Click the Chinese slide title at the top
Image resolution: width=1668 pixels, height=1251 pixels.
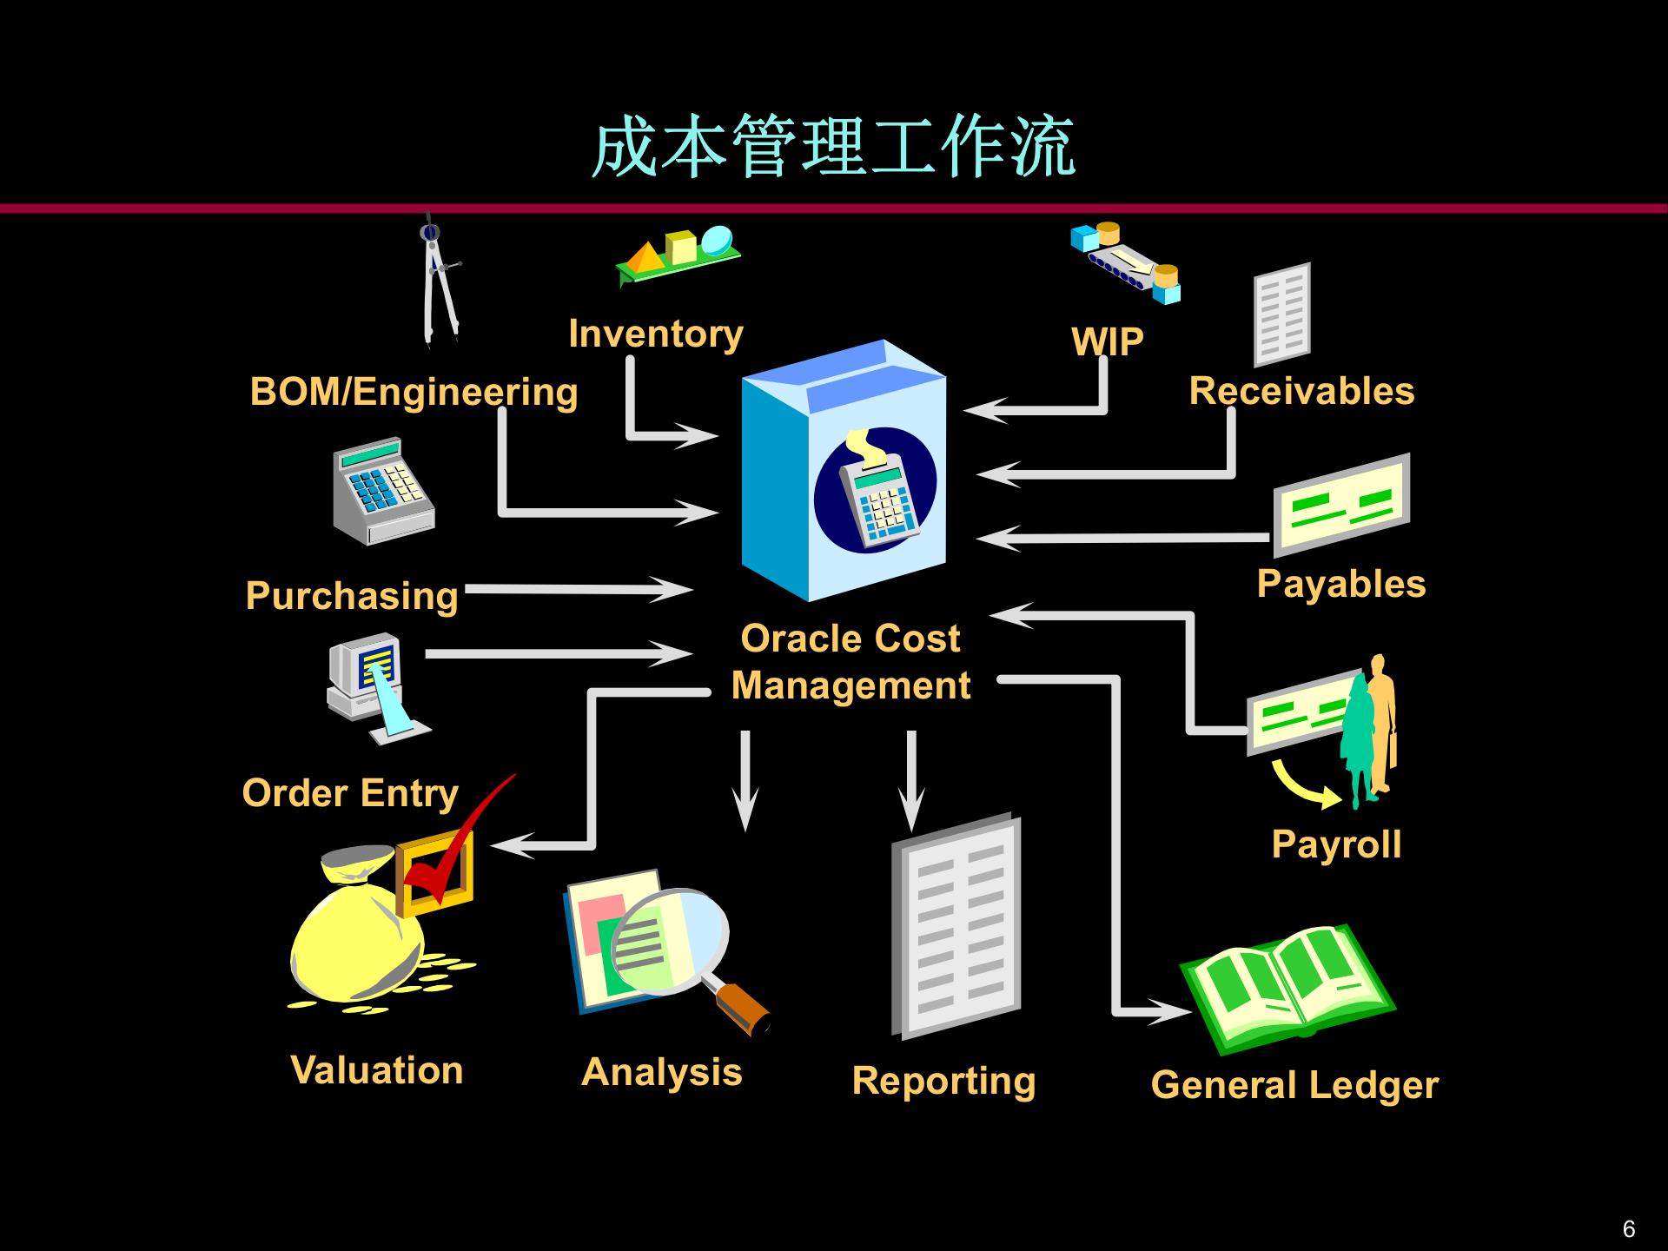click(x=834, y=146)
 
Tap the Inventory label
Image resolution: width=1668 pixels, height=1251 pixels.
click(x=656, y=334)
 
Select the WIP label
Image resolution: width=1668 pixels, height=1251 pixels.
click(x=1107, y=341)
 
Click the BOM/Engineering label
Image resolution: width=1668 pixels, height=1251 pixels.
click(x=414, y=392)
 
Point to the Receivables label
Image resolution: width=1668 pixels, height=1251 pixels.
click(x=1301, y=391)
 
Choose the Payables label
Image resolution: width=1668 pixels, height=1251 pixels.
click(x=1341, y=584)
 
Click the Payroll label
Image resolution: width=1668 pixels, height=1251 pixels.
click(x=1336, y=844)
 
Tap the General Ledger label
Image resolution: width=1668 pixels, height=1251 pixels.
click(x=1294, y=1085)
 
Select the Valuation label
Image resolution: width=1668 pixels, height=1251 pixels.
click(x=376, y=1070)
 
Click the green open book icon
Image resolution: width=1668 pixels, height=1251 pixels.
click(x=1286, y=986)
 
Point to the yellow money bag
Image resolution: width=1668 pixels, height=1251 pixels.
click(x=356, y=938)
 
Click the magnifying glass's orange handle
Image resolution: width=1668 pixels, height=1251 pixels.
click(x=742, y=1008)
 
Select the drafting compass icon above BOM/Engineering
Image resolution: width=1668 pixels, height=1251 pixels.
click(x=439, y=282)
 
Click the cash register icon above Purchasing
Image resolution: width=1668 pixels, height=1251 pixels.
click(x=383, y=491)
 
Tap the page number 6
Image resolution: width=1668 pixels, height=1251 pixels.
click(x=1629, y=1229)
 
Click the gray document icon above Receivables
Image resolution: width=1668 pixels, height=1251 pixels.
click(x=1281, y=315)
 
